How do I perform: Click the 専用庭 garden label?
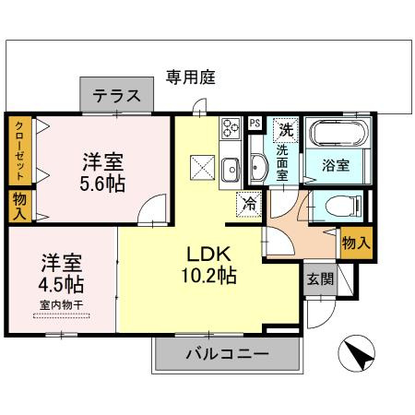(191, 77)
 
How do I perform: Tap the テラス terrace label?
(117, 95)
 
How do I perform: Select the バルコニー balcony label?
(228, 354)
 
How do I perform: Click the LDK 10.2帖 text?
(209, 265)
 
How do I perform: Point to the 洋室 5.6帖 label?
(102, 172)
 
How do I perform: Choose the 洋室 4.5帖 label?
(61, 273)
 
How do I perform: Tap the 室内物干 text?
(62, 305)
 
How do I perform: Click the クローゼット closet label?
(19, 151)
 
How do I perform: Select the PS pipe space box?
(255, 124)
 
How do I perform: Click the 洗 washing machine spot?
(286, 130)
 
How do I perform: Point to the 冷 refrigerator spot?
(249, 204)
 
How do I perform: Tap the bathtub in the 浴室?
(338, 133)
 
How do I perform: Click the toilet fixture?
(344, 205)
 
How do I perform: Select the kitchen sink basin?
(231, 170)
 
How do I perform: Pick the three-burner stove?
(231, 128)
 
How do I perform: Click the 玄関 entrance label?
(320, 279)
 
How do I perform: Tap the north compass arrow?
(357, 353)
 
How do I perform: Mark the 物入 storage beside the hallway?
(356, 243)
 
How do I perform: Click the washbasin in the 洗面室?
(257, 167)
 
